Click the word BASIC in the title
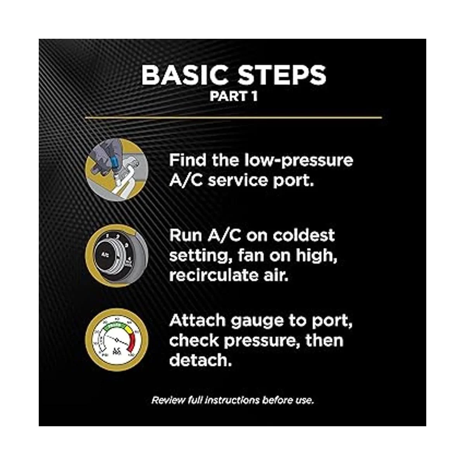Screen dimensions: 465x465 (184, 75)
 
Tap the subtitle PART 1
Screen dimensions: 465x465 (233, 96)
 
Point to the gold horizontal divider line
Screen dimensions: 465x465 (233, 117)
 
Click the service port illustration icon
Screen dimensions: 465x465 (117, 170)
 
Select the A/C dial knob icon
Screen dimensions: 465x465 (117, 255)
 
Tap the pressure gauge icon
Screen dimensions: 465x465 (117, 340)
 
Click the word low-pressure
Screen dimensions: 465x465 (299, 161)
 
